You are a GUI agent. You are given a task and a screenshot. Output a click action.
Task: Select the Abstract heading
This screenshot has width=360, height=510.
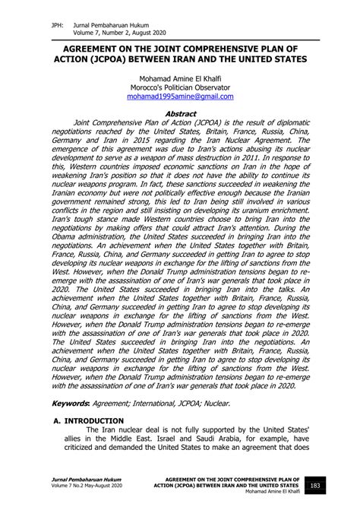[x=180, y=112]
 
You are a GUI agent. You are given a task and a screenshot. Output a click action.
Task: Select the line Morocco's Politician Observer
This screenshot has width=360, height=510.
[x=180, y=87]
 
